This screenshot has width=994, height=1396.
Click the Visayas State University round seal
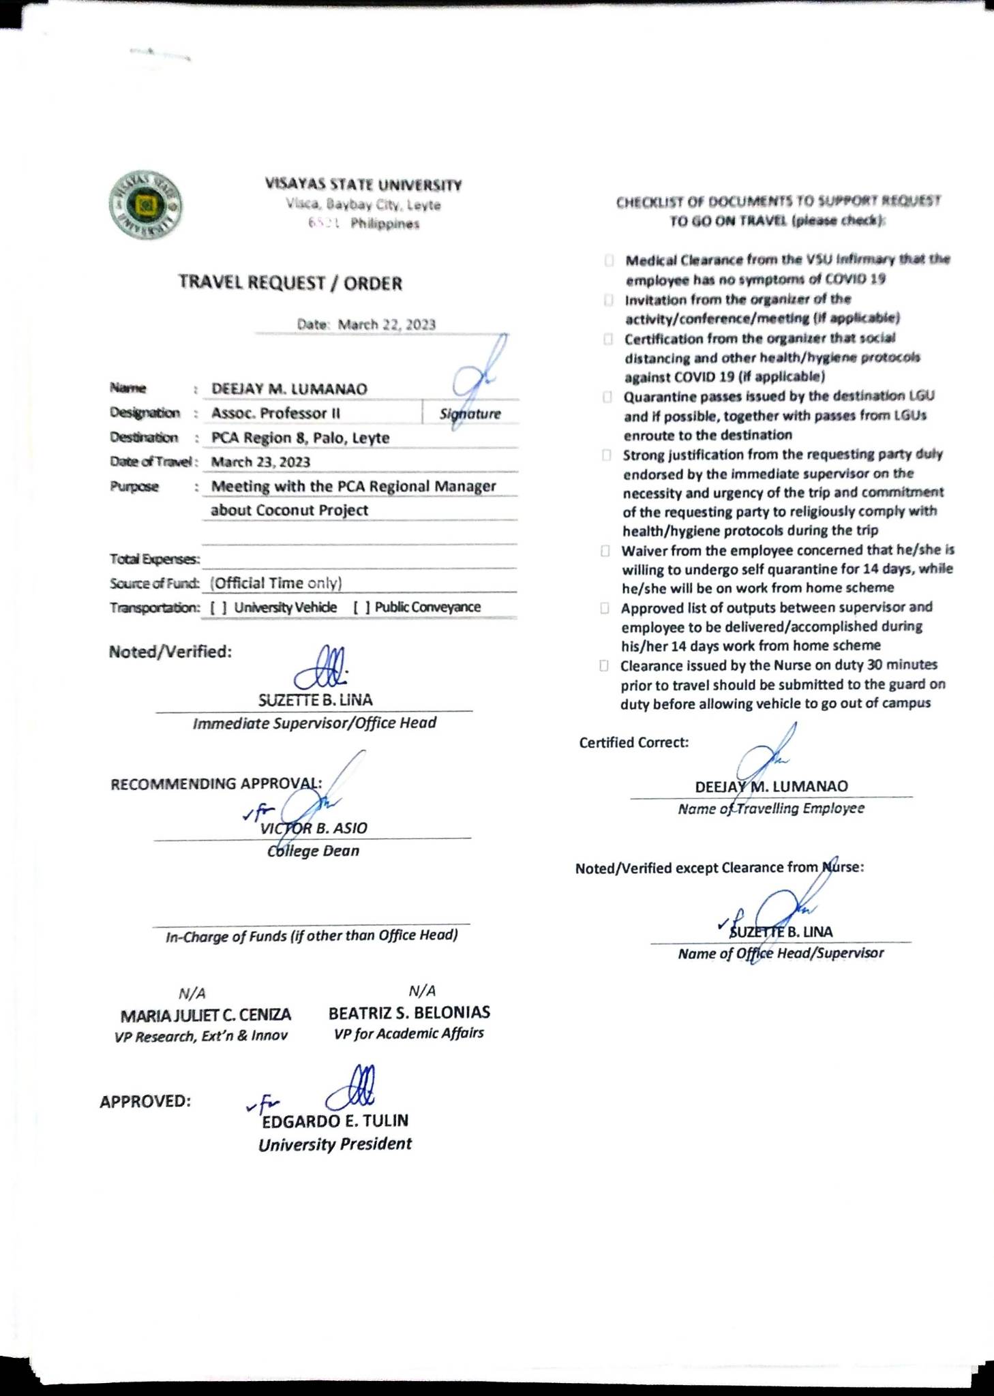[146, 204]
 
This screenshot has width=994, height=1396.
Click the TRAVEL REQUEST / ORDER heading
[290, 283]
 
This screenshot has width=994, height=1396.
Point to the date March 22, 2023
[387, 324]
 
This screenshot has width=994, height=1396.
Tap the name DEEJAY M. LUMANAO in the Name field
[289, 389]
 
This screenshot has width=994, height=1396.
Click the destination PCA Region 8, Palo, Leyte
[300, 438]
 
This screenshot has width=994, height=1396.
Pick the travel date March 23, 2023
[260, 462]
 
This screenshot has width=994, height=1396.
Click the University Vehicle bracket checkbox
[219, 607]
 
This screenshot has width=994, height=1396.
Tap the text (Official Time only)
[275, 583]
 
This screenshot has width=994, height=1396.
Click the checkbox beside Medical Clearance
[609, 260]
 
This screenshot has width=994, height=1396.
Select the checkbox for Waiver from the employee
[605, 551]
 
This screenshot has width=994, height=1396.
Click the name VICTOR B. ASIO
[314, 828]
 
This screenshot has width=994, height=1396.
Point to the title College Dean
[313, 851]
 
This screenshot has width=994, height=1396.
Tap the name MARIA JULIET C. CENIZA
[205, 1016]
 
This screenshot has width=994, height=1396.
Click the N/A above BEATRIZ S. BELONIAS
[422, 990]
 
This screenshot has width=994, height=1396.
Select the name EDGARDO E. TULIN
[335, 1121]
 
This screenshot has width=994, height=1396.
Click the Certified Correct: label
[633, 742]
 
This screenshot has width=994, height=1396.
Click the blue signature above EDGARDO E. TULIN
[351, 1089]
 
